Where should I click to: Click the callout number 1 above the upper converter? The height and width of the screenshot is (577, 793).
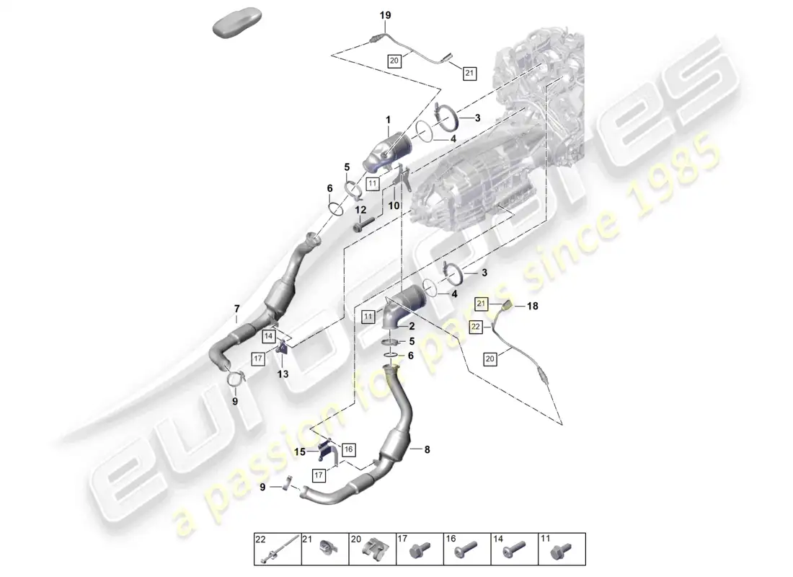(387, 119)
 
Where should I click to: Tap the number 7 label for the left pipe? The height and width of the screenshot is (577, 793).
(237, 309)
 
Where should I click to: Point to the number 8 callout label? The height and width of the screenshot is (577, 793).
(427, 449)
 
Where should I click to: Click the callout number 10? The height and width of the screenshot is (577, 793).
(394, 206)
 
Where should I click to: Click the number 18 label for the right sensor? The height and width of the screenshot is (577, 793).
(533, 307)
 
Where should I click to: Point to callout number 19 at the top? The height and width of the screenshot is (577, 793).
(384, 14)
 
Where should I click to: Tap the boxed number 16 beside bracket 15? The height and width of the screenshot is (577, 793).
(348, 449)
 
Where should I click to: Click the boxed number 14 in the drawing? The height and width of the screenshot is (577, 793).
(268, 335)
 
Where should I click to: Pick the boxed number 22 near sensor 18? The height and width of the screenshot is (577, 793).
(476, 327)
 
